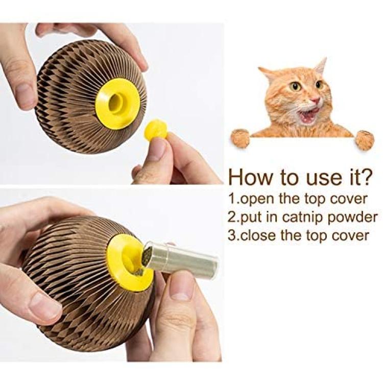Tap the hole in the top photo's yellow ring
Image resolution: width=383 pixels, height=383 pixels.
[x=115, y=102]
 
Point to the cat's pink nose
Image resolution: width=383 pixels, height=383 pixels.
[x=316, y=100]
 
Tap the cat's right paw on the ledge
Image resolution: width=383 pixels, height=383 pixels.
[x=365, y=139]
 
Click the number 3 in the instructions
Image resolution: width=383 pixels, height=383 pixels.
[x=232, y=235]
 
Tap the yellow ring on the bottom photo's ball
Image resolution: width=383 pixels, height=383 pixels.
[x=130, y=262]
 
